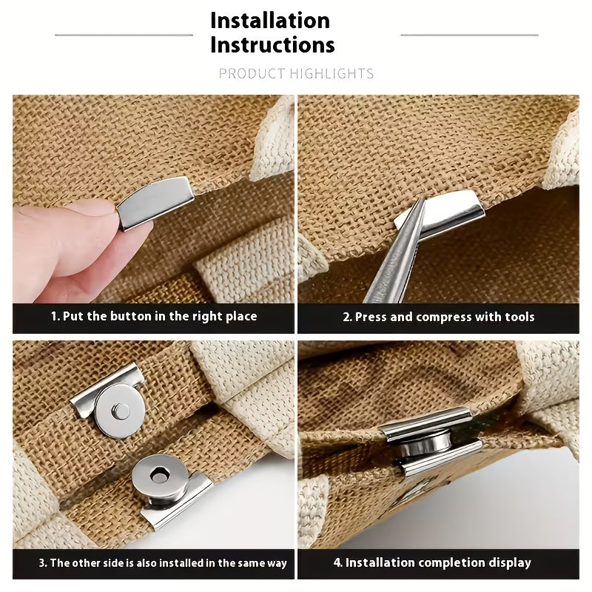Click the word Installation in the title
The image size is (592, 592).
coord(270,21)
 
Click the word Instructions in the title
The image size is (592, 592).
coord(272,44)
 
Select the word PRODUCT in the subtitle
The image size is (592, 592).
coord(252,73)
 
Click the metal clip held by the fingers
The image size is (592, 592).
coord(155,202)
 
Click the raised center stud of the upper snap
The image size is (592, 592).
coord(121,411)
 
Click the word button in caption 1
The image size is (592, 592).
coord(132,316)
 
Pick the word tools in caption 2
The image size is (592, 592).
coord(520,317)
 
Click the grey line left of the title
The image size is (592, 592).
coord(124,35)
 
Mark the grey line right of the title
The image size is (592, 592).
coord(469,35)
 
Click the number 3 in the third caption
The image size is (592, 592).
coord(41,563)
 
